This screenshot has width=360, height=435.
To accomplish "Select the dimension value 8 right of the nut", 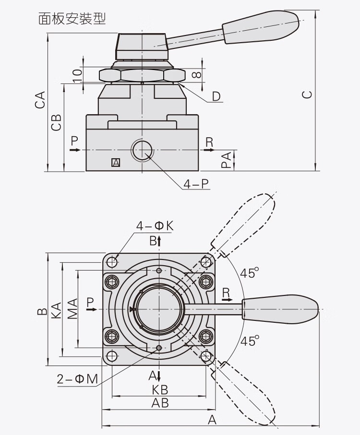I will pos(196,75).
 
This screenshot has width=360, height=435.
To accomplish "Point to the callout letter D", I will pos(216,96).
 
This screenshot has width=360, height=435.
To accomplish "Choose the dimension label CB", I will pos(57,122).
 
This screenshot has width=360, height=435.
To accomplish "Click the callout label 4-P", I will pos(197,183).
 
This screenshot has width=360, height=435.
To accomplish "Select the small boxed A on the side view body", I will pos(115,163).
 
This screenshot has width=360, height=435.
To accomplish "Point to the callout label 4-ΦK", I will pos(155,225).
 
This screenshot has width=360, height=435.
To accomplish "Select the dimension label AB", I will pos(160,403).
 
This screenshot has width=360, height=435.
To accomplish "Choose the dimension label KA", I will pos(56,309).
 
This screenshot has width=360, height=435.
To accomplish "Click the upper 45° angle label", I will pos(249,273).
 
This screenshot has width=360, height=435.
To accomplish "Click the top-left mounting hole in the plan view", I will pos(112,262).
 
